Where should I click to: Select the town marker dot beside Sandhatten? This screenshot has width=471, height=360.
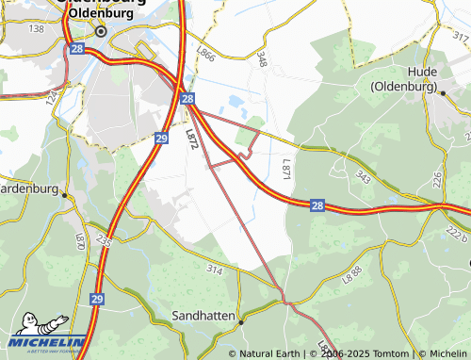pyautogui.click(x=241, y=321)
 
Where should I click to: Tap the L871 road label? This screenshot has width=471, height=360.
pyautogui.click(x=285, y=170)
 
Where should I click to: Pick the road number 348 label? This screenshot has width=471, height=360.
pyautogui.click(x=261, y=60)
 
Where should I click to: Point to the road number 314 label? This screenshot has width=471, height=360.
pyautogui.click(x=215, y=270)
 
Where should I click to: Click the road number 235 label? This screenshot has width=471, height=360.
pyautogui.click(x=103, y=242)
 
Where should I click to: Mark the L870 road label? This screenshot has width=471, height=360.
pyautogui.click(x=79, y=241)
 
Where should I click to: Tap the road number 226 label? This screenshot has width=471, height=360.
pyautogui.click(x=436, y=179)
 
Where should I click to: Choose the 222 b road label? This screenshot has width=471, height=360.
pyautogui.click(x=457, y=232)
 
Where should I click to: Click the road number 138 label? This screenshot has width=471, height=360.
pyautogui.click(x=37, y=29)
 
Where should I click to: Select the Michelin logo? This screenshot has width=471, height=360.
pyautogui.click(x=48, y=335)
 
